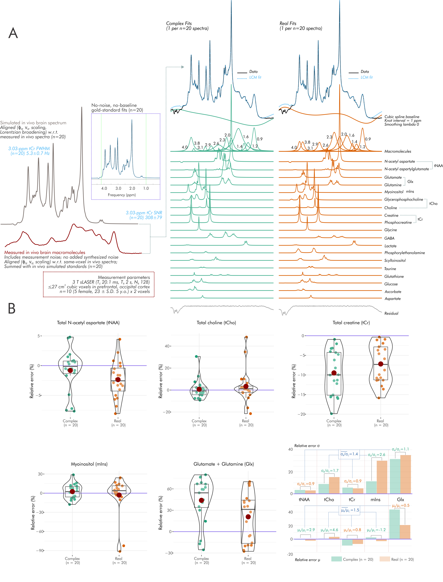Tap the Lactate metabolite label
[x=390, y=246]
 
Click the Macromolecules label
[x=398, y=151]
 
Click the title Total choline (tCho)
[x=216, y=323]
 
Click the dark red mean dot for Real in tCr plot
[x=381, y=364]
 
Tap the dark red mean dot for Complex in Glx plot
[x=202, y=500]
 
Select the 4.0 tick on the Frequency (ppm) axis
[x=104, y=188]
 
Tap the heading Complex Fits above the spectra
[x=179, y=23]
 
